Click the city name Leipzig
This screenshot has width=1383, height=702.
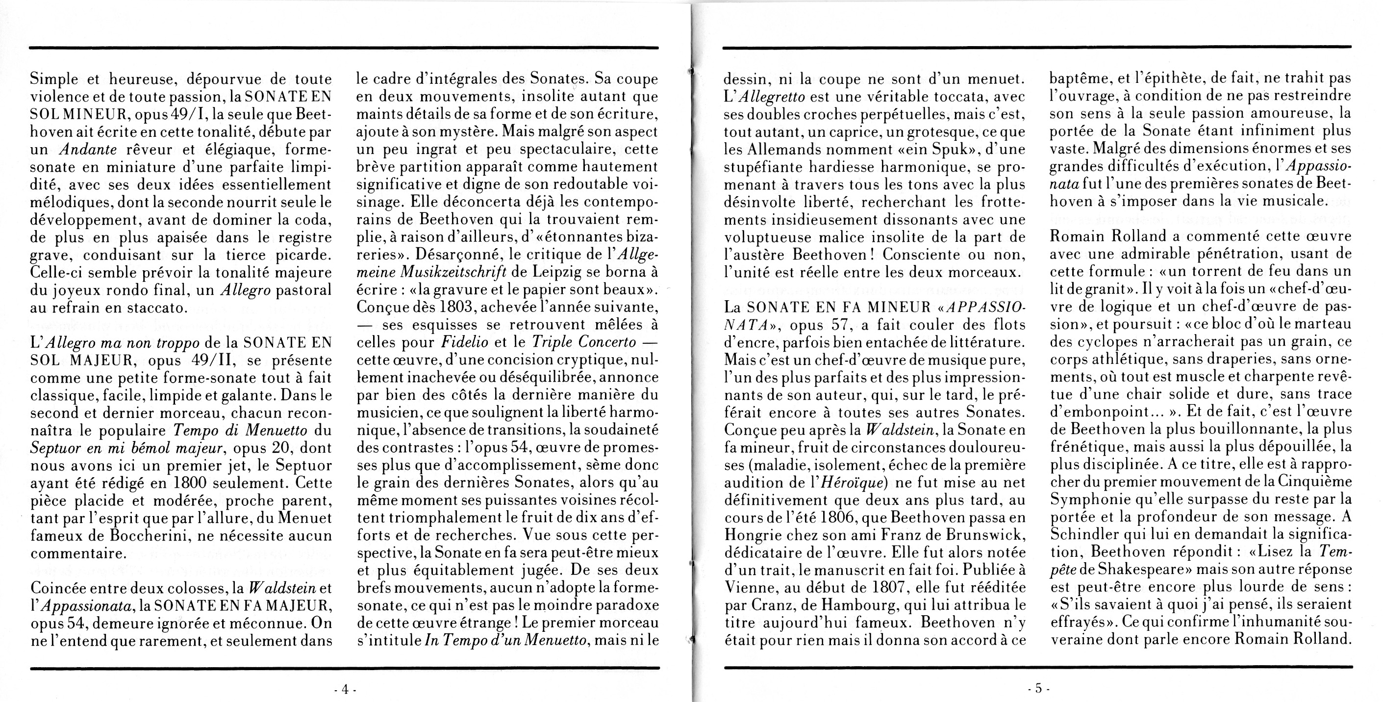[559, 272]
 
